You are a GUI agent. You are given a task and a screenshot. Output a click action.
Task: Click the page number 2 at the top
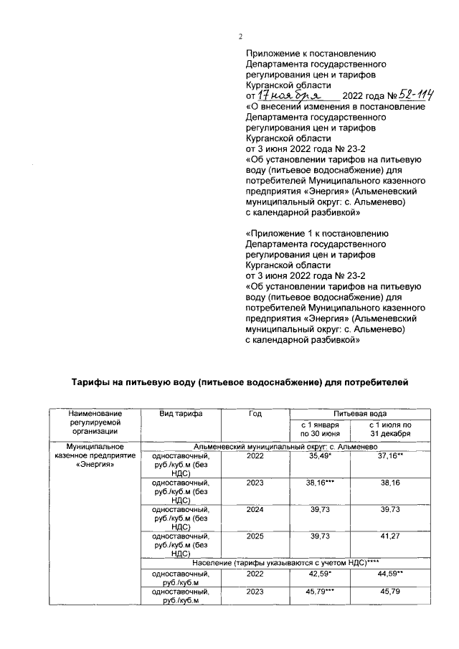click(x=241, y=37)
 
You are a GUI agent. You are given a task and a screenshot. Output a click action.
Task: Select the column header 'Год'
click(x=255, y=414)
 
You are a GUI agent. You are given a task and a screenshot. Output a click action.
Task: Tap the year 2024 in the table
click(x=255, y=508)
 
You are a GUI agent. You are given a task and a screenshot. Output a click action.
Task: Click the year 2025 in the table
click(x=255, y=535)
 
